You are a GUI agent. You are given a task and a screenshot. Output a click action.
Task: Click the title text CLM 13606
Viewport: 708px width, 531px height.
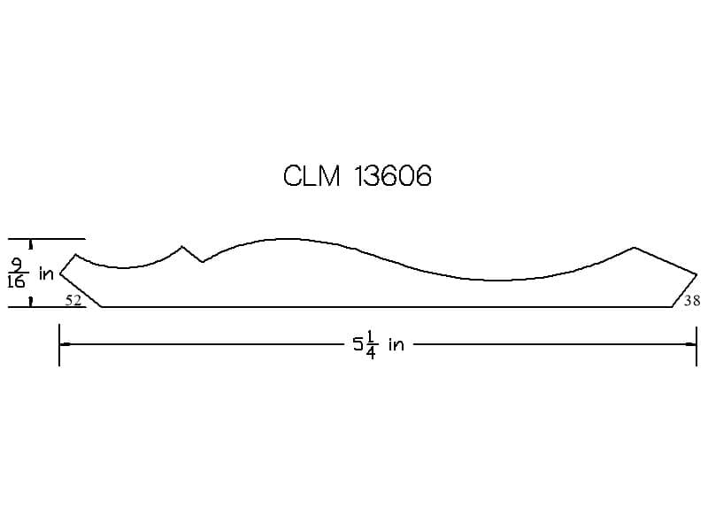point(358,175)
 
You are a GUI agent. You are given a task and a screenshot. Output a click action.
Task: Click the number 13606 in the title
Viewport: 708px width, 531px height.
point(393,175)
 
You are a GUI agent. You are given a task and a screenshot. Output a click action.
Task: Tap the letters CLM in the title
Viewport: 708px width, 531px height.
point(312,175)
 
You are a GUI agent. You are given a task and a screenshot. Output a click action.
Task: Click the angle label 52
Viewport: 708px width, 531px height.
point(73,300)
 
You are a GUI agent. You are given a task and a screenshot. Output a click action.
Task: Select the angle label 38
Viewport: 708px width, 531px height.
point(692,300)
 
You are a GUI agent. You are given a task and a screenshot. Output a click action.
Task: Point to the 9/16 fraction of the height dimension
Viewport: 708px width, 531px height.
point(18,273)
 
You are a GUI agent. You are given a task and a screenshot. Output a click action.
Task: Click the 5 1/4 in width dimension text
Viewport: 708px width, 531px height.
point(379,345)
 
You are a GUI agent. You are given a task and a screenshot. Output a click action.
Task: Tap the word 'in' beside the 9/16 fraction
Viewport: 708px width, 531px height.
point(47,273)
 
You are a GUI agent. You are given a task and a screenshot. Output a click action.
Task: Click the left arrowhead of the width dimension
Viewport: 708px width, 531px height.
point(65,344)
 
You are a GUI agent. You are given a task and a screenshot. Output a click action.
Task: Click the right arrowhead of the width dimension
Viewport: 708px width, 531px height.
point(690,344)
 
